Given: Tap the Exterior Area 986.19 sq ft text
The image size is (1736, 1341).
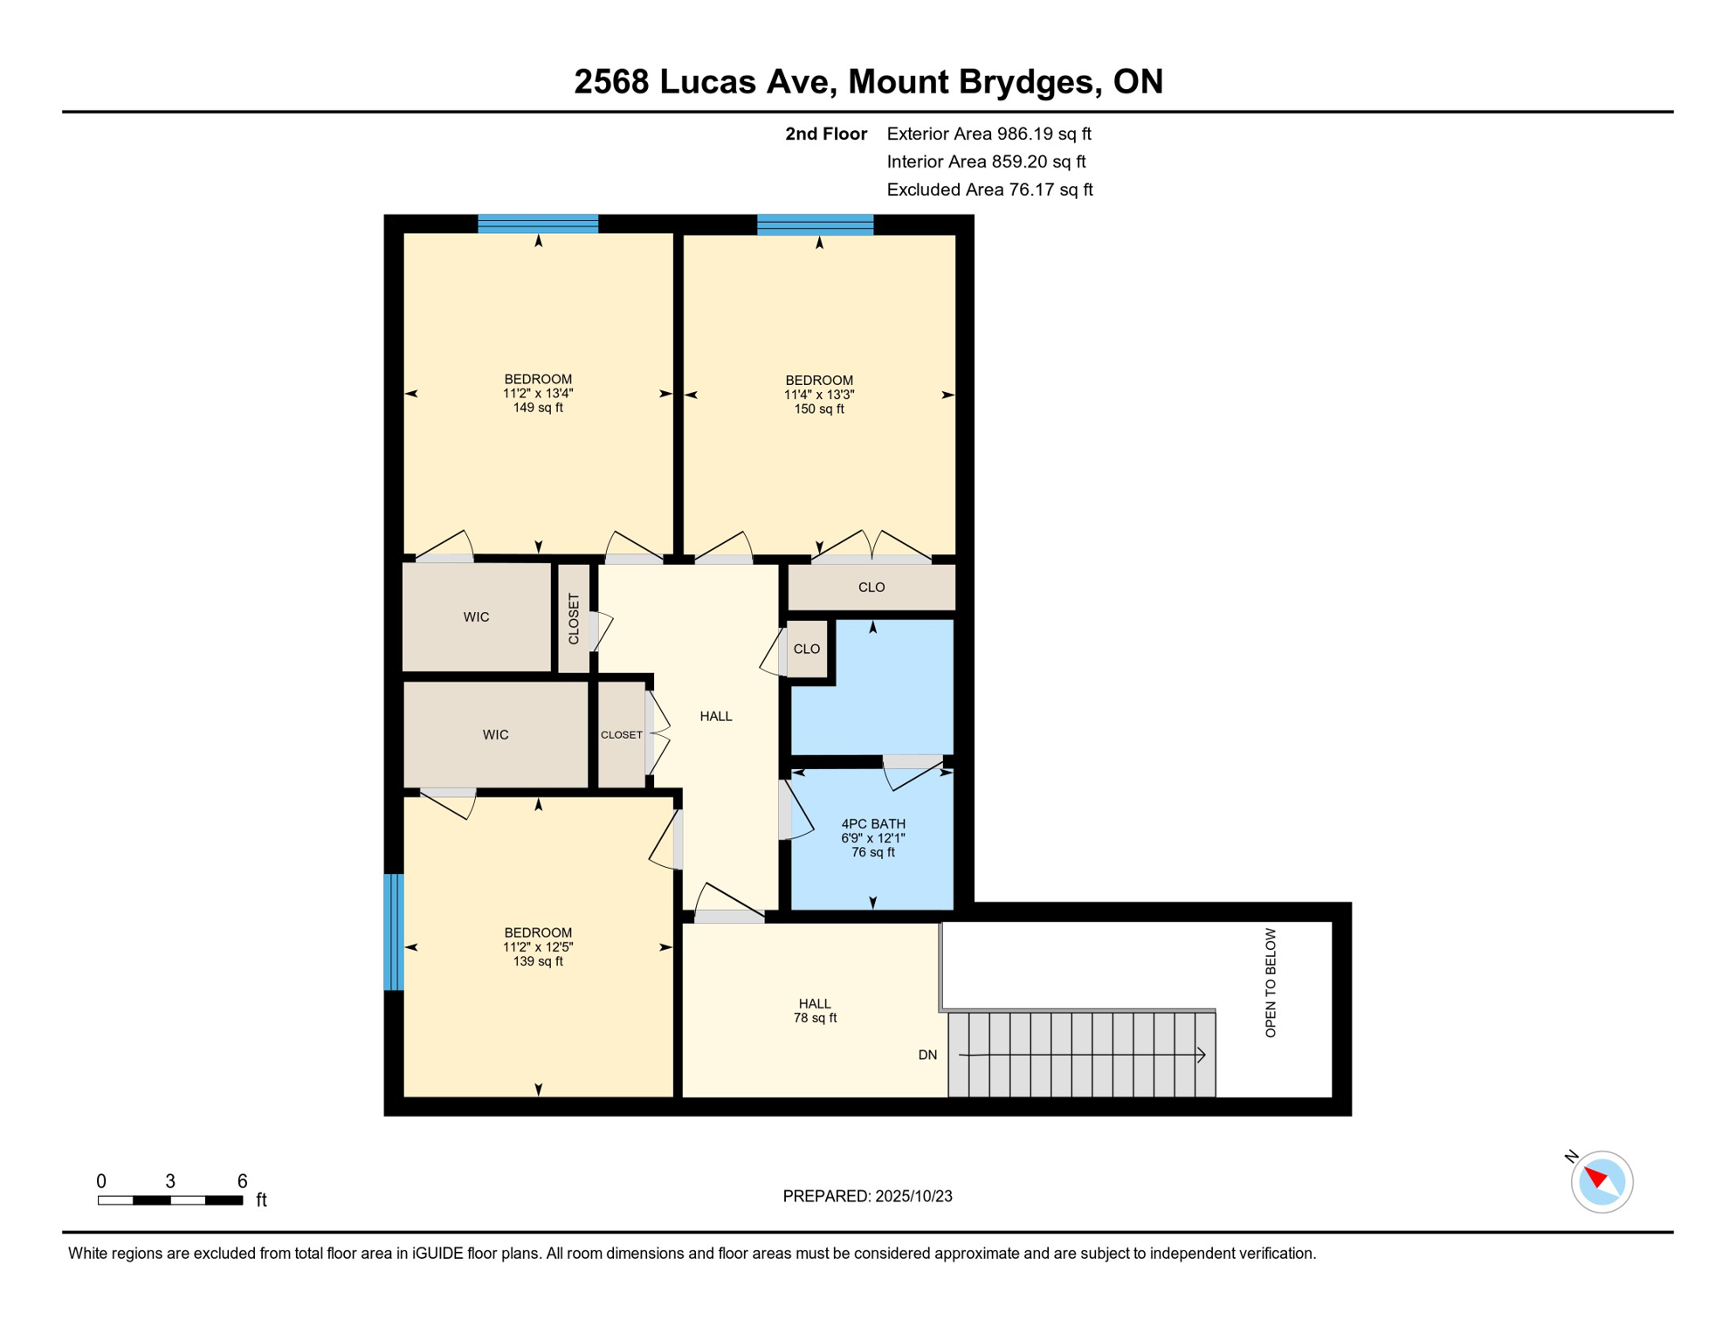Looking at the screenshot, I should click(x=989, y=134).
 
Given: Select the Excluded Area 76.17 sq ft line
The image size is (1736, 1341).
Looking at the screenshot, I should click(x=989, y=189).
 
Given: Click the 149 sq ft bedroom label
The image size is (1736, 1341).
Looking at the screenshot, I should click(x=538, y=394).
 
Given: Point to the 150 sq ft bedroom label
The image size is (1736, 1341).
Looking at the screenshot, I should click(x=818, y=395).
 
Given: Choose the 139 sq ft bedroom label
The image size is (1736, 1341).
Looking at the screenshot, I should click(x=538, y=947).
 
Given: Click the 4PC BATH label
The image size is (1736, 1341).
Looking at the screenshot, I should click(x=872, y=824).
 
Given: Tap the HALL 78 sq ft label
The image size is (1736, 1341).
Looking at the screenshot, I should click(x=815, y=1011).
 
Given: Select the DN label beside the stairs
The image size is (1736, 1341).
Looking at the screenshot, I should click(x=927, y=1056).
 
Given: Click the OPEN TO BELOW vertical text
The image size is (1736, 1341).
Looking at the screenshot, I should click(x=1271, y=983).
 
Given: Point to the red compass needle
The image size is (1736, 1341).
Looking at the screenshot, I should click(x=1596, y=1177).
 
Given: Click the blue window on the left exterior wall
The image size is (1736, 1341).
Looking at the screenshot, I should click(x=394, y=932).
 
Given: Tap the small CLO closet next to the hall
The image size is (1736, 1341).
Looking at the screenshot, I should click(x=806, y=650).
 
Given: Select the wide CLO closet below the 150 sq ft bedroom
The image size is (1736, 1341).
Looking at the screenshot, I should click(x=871, y=588).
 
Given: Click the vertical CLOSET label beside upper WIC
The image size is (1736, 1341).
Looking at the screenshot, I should click(x=574, y=619).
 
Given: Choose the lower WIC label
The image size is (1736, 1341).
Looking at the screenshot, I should click(x=495, y=735).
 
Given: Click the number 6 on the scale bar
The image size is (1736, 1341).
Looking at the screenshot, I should click(x=242, y=1181).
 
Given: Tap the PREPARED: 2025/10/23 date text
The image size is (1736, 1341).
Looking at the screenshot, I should click(x=867, y=1196).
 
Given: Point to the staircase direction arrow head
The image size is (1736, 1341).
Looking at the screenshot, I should click(x=1202, y=1056).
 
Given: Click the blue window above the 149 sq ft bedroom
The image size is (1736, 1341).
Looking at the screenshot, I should click(x=538, y=224).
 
